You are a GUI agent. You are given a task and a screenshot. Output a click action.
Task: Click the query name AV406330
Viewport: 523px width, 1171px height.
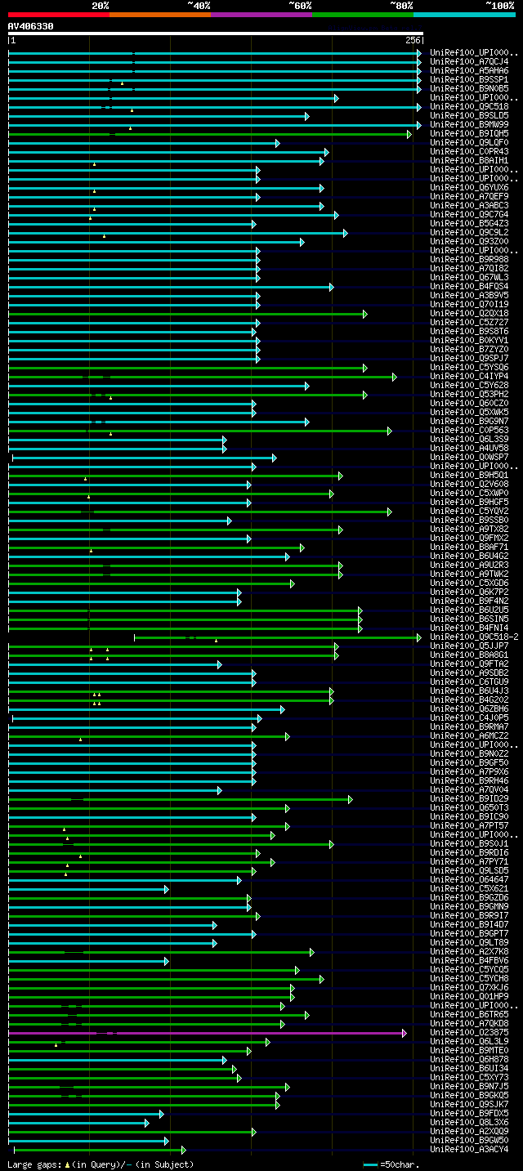[x=31, y=26]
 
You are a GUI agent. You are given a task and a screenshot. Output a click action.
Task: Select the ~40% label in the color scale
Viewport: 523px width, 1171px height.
[x=199, y=6]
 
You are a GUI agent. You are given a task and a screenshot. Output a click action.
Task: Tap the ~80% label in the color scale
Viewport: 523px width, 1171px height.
[x=401, y=6]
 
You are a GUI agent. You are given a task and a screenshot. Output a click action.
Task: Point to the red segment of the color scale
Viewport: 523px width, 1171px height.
[x=58, y=14]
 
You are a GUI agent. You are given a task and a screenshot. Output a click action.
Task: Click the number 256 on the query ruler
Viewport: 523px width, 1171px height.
[x=412, y=40]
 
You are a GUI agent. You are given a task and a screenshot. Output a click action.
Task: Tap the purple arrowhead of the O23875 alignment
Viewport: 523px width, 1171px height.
[x=404, y=1033]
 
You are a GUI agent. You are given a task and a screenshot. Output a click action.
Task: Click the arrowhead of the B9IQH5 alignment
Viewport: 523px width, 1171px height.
[x=409, y=134]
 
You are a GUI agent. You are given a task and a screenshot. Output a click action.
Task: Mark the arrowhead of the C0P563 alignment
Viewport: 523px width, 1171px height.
[x=389, y=431]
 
